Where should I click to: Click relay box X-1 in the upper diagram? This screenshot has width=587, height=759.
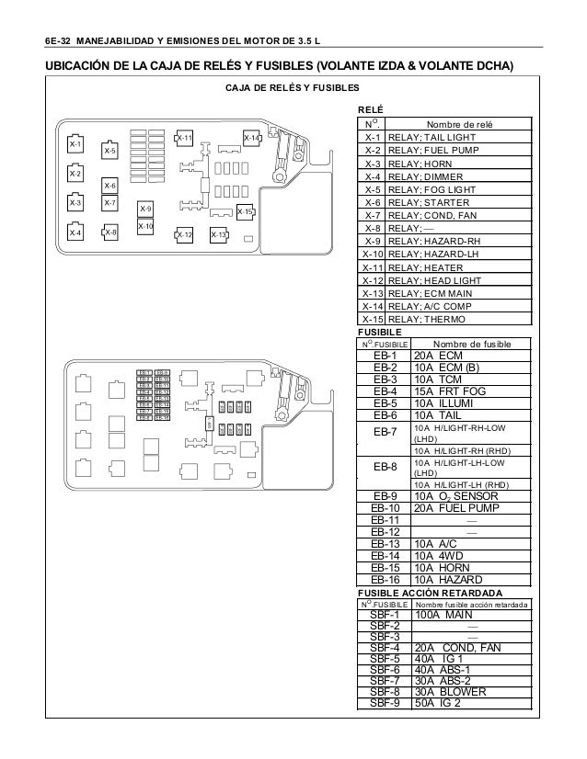tap(75, 145)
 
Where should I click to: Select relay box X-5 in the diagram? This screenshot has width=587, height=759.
tap(109, 150)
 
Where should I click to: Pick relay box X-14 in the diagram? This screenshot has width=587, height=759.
tap(251, 138)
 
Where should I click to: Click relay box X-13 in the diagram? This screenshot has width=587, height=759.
tap(218, 234)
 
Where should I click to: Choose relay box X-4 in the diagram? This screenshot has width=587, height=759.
tap(75, 233)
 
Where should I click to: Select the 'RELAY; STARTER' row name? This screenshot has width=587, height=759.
tap(429, 202)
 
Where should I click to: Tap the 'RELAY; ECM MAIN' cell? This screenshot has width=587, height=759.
tap(431, 293)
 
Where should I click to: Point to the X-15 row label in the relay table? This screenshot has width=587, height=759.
tap(373, 320)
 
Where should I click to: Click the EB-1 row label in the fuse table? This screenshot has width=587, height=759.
tap(385, 356)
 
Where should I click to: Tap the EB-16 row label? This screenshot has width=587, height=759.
tap(385, 580)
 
